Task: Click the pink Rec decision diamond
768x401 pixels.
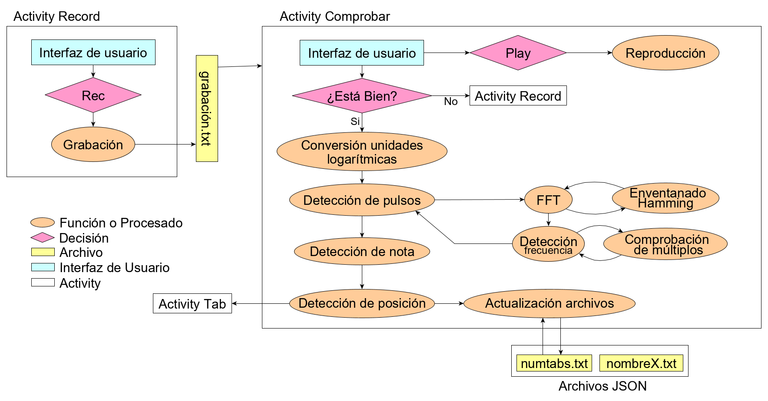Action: (x=93, y=95)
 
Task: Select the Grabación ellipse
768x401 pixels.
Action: (x=93, y=145)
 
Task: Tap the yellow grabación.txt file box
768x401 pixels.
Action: (x=207, y=108)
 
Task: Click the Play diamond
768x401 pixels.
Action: (x=518, y=53)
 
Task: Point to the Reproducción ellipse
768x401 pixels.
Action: (x=665, y=53)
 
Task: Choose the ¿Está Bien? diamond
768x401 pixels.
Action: (x=362, y=96)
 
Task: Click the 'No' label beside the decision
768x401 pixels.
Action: (x=450, y=102)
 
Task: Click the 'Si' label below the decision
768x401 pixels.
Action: (x=355, y=122)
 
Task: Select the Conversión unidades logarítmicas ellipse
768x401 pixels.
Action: (x=362, y=152)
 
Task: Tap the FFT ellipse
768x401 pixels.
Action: (x=548, y=200)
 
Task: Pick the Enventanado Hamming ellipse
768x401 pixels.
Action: (x=665, y=198)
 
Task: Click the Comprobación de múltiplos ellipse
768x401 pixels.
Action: (x=665, y=244)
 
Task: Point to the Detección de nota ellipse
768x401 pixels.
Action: (x=362, y=251)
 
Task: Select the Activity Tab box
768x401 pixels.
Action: (x=192, y=303)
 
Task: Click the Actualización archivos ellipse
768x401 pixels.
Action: (x=549, y=303)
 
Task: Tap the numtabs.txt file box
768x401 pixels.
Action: (x=554, y=363)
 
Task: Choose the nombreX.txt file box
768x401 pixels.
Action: (x=641, y=363)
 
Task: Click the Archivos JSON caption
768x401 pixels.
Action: (x=602, y=386)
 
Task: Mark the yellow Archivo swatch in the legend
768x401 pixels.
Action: (x=43, y=252)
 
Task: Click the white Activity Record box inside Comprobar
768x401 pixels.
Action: (x=518, y=96)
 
